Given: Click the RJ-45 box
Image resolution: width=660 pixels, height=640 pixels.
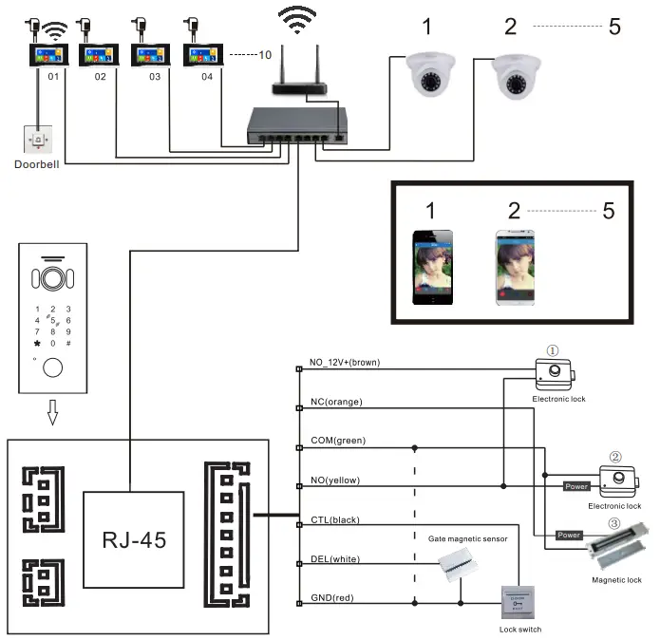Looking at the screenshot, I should pyautogui.click(x=132, y=540).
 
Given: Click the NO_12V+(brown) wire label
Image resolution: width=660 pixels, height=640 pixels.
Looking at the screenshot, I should pyautogui.click(x=347, y=363).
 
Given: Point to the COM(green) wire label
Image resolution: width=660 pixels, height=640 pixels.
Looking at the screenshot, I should pyautogui.click(x=337, y=441).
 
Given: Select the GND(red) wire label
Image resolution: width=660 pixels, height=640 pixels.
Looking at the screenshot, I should pyautogui.click(x=332, y=599).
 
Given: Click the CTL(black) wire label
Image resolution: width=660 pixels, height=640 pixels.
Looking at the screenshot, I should pyautogui.click(x=334, y=519).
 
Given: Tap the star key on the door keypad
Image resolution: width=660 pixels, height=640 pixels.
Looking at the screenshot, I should pyautogui.click(x=37, y=343).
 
